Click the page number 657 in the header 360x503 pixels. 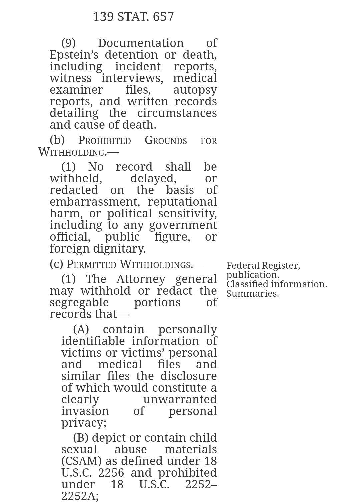[x=163, y=17]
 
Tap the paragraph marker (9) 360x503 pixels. [x=68, y=43]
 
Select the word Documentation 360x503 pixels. [x=141, y=43]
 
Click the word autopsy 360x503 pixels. [x=195, y=90]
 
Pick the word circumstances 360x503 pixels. [x=177, y=113]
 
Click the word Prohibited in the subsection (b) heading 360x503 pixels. [x=104, y=140]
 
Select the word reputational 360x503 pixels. [x=182, y=202]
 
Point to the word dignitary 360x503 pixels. [x=119, y=248]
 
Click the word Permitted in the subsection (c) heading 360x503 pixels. [x=91, y=264]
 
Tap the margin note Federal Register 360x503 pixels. [x=263, y=266]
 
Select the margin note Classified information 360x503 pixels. [x=277, y=284]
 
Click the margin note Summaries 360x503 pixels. [x=252, y=294]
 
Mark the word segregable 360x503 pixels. [x=79, y=302]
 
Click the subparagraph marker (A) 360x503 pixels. [x=81, y=329]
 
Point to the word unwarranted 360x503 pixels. [x=180, y=399]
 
